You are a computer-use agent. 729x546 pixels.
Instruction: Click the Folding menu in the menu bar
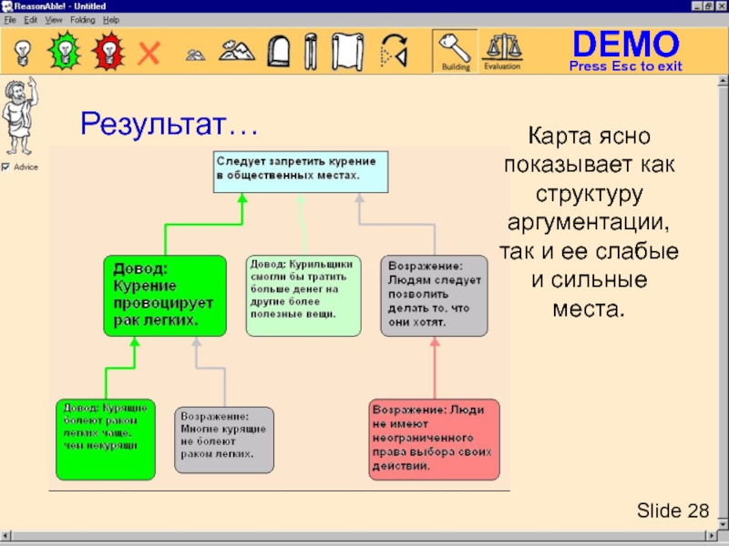(82, 19)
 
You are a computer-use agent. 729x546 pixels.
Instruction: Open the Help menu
(111, 19)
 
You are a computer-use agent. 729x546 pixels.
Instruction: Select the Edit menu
(31, 19)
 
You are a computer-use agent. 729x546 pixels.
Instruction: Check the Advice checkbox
(6, 167)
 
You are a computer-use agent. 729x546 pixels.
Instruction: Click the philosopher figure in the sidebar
(17, 116)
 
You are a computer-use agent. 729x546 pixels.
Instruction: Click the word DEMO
(625, 44)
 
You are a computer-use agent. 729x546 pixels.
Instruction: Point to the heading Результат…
(169, 123)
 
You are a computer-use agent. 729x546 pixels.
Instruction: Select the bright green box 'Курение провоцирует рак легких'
(164, 295)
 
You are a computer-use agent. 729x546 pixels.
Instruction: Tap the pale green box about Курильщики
(303, 295)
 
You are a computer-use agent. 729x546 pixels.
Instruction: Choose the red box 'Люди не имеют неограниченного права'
(434, 439)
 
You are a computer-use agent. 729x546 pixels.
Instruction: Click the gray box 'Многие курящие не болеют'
(223, 440)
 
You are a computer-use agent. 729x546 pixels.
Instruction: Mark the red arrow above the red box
(435, 369)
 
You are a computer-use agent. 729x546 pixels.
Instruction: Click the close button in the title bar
(718, 5)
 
